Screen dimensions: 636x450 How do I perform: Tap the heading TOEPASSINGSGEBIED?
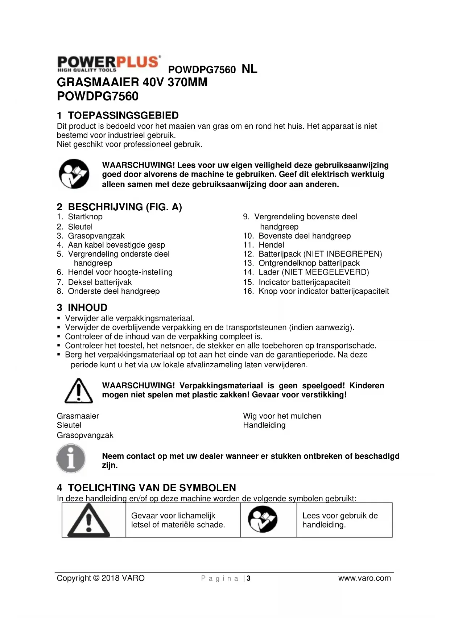tap(123, 116)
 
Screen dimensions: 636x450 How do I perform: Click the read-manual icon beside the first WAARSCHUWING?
tap(74, 174)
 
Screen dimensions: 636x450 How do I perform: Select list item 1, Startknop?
tap(85, 217)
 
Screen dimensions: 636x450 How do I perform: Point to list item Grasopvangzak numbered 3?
tap(96, 236)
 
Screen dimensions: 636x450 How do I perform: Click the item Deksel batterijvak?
tap(100, 282)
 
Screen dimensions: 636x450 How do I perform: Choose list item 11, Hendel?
tap(271, 245)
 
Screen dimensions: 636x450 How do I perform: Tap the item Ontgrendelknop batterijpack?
tap(309, 263)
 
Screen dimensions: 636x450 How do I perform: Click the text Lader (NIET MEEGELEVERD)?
tap(314, 272)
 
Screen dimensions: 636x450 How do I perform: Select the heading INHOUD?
tap(87, 308)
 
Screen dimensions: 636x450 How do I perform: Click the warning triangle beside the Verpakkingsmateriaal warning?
tap(78, 391)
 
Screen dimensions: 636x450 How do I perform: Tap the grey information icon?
tap(71, 458)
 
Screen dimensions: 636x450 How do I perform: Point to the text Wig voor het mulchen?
tap(282, 416)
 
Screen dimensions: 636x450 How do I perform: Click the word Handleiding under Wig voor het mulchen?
tap(264, 425)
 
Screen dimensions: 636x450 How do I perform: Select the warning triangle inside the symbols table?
tap(89, 521)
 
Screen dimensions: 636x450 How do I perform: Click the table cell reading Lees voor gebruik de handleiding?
tap(340, 520)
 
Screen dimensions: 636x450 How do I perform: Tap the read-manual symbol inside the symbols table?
tap(263, 520)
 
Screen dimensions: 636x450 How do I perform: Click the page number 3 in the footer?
tap(249, 578)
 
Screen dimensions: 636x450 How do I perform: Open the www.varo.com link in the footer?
tap(364, 578)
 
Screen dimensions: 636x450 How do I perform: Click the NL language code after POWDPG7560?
tap(249, 69)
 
